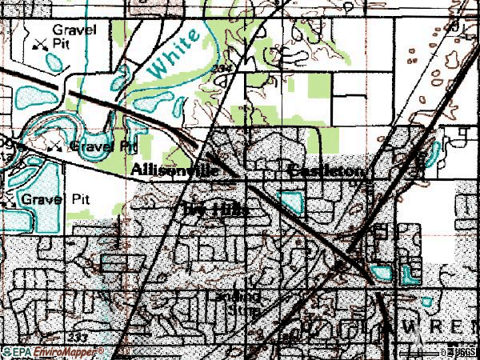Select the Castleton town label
326,172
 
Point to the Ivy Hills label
215,210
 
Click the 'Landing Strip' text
238,302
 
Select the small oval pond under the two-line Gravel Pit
55,61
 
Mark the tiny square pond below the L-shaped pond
426,302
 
